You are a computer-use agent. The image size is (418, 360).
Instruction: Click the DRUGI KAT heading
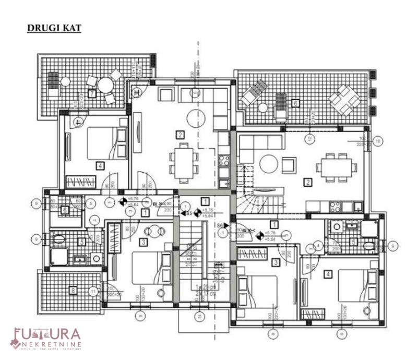click(x=54, y=28)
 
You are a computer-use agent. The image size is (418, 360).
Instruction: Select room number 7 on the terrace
click(x=92, y=94)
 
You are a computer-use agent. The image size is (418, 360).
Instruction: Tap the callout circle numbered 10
click(x=379, y=140)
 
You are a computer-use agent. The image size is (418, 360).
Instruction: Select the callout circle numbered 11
click(x=93, y=292)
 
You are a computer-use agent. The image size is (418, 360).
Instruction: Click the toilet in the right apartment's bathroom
click(x=369, y=245)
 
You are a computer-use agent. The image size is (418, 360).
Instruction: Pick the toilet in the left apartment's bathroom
click(x=58, y=239)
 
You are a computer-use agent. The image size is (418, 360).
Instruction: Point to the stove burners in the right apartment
click(x=334, y=207)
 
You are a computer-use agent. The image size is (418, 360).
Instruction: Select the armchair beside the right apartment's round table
click(x=289, y=165)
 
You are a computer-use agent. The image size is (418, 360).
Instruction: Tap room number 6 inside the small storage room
click(x=65, y=210)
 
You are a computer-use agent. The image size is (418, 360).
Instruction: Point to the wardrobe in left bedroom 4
click(x=81, y=182)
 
